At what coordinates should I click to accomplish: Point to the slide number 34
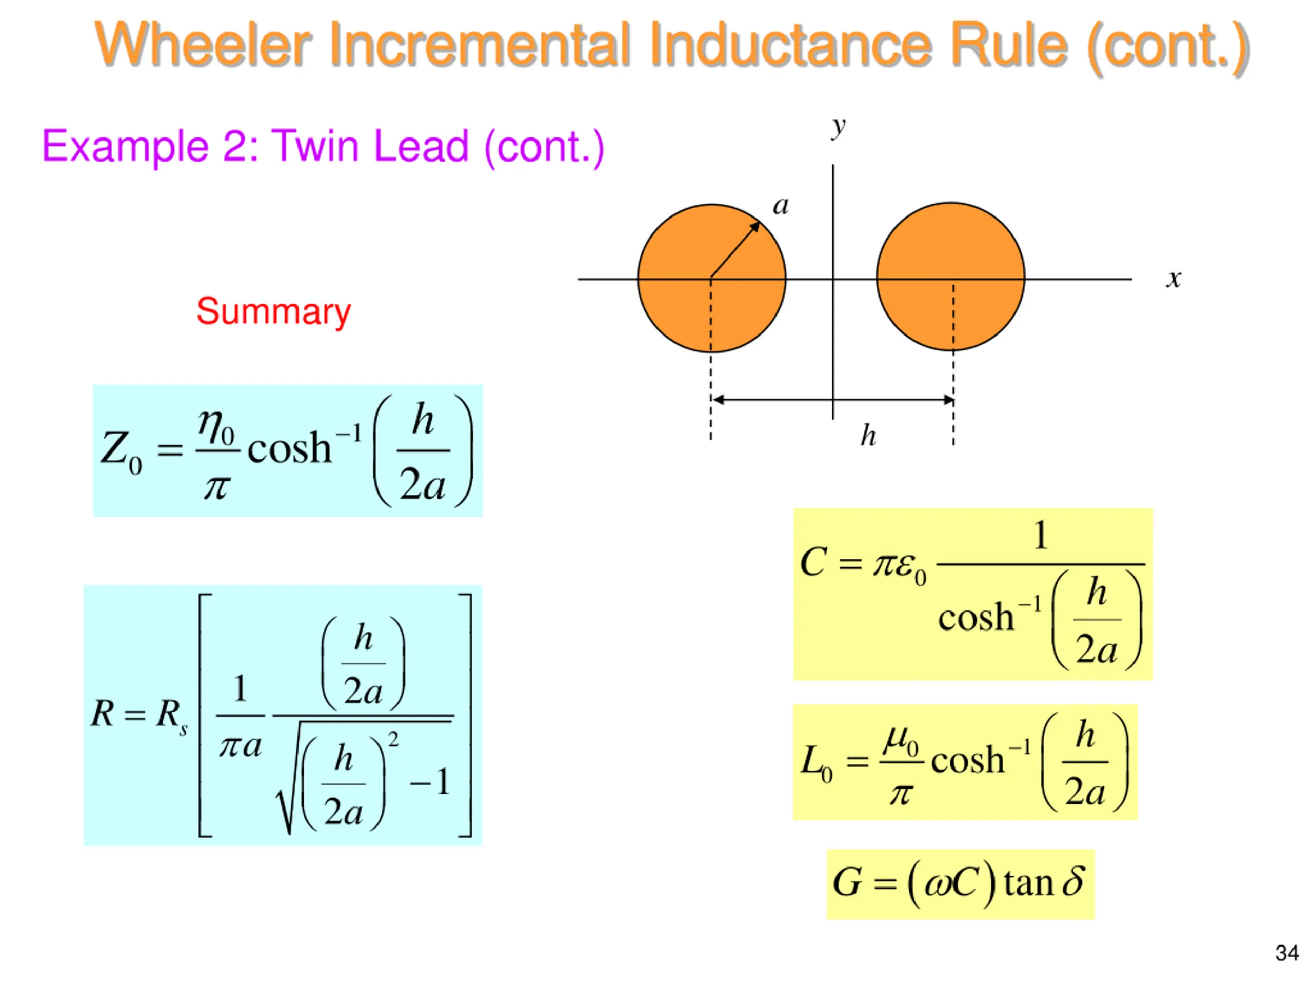point(1287,953)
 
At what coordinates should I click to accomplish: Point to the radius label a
point(781,206)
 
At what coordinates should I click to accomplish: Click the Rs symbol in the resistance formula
point(171,716)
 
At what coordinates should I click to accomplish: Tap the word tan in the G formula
point(1028,883)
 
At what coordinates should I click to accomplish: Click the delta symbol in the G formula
point(1072,881)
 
